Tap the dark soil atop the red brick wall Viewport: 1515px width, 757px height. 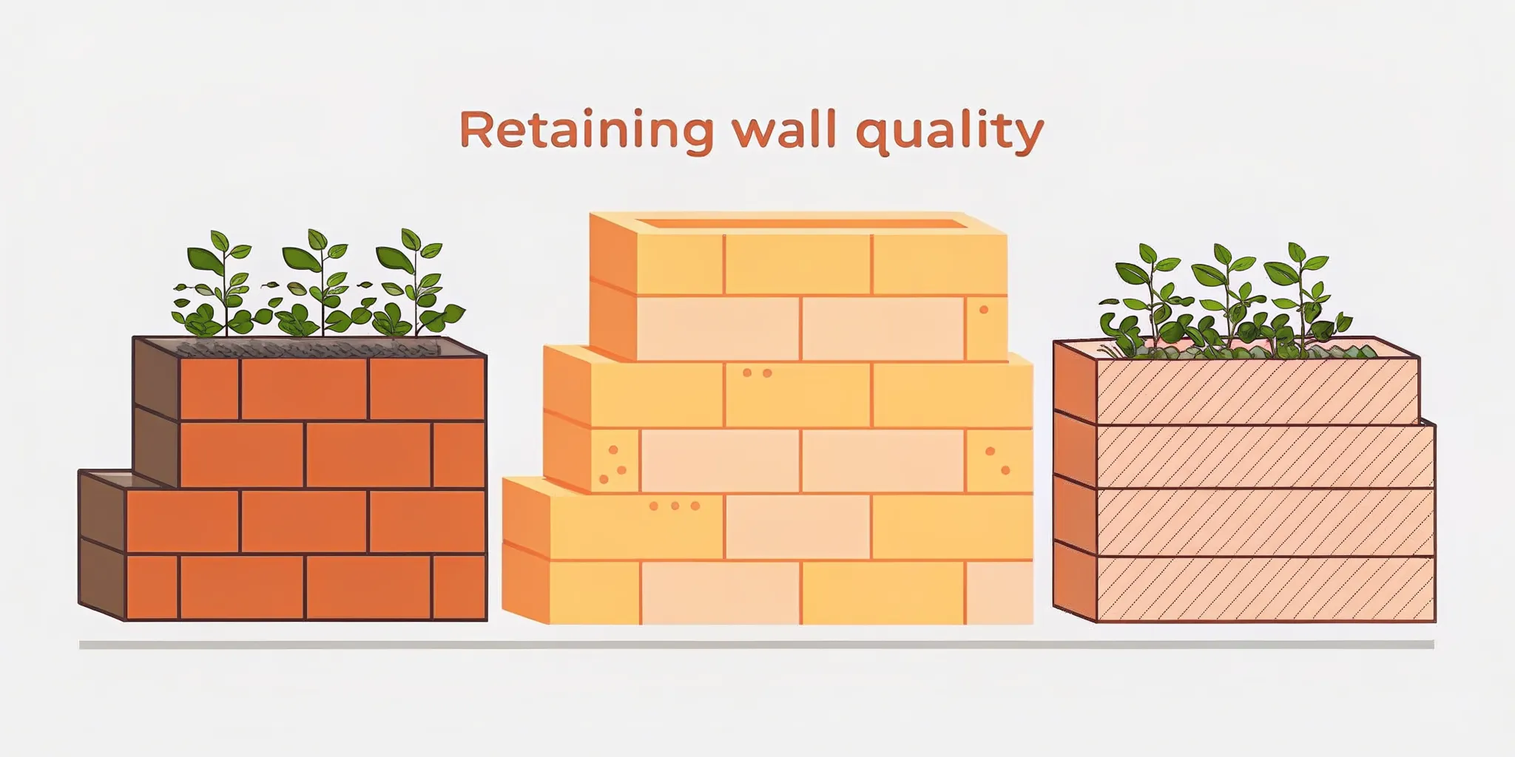[311, 347]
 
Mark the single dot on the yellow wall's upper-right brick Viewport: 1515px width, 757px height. [984, 310]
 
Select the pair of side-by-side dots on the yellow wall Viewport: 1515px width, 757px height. [757, 373]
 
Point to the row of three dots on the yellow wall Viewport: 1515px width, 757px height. [674, 506]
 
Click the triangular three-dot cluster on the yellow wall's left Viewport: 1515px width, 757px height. [613, 466]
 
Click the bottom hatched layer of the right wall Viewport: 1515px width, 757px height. [1265, 588]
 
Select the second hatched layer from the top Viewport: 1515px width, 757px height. [1265, 455]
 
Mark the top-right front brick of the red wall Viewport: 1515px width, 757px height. [427, 389]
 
